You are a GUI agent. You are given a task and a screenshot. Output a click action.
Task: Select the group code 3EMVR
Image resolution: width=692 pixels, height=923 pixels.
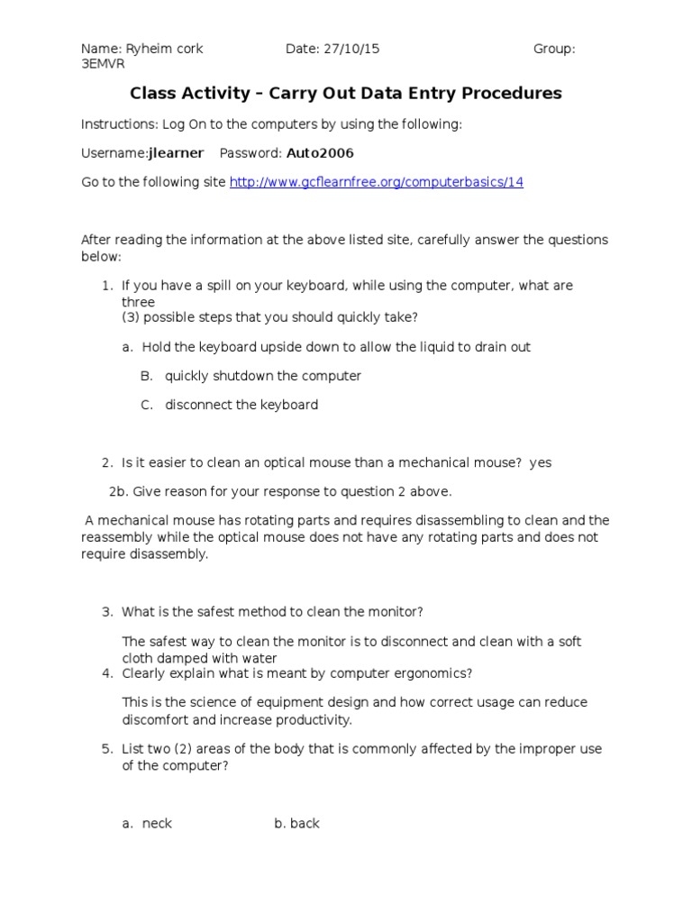(103, 65)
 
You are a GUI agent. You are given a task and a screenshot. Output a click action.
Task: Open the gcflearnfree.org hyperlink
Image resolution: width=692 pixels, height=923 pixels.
(376, 182)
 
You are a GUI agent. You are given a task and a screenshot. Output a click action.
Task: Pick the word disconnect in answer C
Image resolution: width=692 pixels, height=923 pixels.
(198, 405)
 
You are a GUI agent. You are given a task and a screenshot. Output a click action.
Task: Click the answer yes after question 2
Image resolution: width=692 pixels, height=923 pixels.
(540, 462)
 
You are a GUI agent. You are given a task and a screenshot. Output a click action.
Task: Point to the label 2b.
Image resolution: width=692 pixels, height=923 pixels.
(118, 491)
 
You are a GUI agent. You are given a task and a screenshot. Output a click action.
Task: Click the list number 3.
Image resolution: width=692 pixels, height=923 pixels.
(106, 612)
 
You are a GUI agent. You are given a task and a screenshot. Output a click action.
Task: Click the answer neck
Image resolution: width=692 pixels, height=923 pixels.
(157, 824)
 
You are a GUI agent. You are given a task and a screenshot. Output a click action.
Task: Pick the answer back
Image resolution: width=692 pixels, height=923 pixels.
(305, 824)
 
